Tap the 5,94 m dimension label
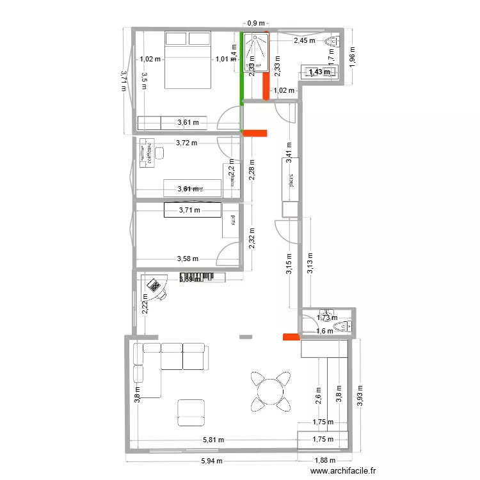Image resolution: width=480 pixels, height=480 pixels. coord(212,461)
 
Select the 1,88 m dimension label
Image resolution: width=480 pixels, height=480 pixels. coord(324,461)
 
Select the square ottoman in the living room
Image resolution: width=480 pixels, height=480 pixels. coord(191,412)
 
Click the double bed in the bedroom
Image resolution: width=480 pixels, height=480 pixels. coord(189,60)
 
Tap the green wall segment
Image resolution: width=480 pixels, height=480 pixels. coord(241,67)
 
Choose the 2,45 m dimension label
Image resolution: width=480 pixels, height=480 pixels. coord(305,41)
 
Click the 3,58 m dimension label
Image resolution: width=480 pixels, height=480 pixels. coord(187,259)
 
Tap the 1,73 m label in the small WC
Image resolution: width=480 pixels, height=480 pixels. coord(327,317)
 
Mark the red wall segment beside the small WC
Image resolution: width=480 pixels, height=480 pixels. coord(291,337)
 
